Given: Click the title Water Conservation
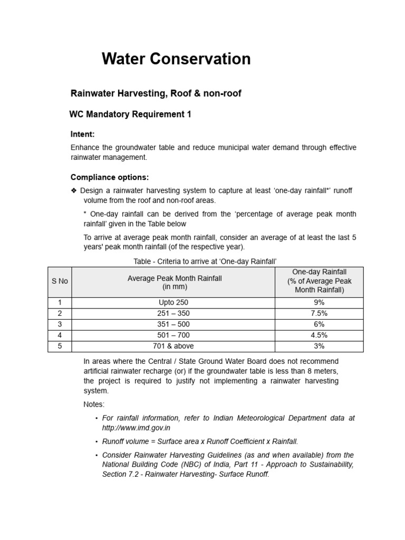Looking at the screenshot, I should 176,59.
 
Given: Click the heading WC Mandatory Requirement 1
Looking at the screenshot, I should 130,114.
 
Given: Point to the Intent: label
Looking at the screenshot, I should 83,134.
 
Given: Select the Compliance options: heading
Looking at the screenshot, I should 110,177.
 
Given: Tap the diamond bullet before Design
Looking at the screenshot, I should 74,190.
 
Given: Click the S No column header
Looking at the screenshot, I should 60,281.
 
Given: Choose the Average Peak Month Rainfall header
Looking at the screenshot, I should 175,283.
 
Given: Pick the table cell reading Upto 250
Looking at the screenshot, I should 173,303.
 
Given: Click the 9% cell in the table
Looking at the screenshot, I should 319,303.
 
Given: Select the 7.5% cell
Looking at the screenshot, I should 319,313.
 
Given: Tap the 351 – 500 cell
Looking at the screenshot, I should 173,324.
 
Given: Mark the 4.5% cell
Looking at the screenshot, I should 319,335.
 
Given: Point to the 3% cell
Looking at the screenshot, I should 319,346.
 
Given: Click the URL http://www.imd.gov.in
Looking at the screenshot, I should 136,428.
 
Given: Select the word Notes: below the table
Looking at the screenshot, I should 94,404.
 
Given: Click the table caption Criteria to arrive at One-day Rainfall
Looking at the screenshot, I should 206,262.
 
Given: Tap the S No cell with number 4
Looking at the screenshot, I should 60,335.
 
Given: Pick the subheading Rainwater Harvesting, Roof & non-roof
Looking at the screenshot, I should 156,93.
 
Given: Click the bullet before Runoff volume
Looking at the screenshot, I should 97,442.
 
